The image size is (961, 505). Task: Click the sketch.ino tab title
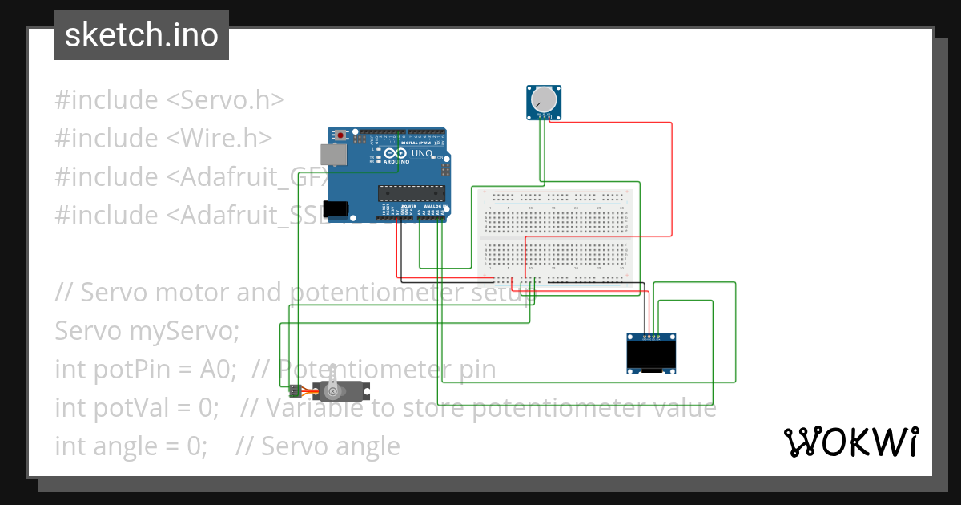point(142,35)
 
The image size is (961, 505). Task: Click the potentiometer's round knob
point(544,99)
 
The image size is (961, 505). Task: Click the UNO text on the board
point(423,153)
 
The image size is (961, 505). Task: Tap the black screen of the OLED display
point(649,355)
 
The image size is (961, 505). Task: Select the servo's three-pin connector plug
point(295,391)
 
